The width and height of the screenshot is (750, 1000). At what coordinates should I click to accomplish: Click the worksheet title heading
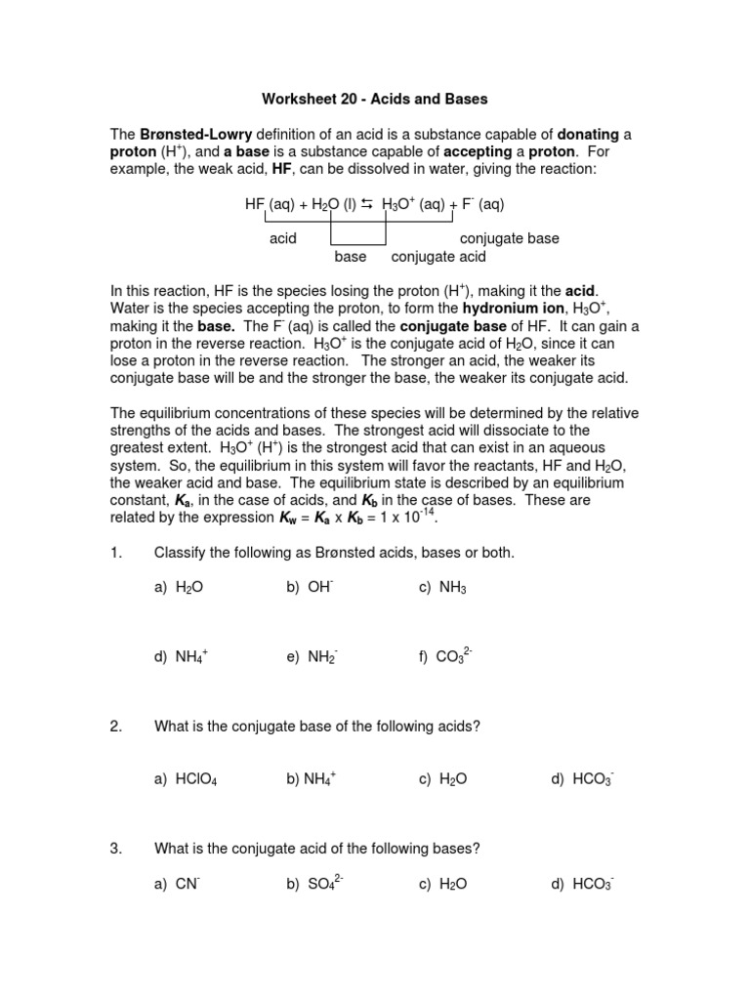click(x=374, y=99)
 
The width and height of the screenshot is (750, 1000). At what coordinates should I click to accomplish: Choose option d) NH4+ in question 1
click(x=182, y=658)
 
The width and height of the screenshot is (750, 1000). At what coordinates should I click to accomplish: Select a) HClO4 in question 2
click(x=186, y=778)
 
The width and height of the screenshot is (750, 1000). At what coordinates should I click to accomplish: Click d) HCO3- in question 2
click(x=582, y=778)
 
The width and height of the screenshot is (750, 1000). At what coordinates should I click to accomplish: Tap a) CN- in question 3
click(x=177, y=884)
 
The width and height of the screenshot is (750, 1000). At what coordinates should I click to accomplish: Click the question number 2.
click(x=115, y=727)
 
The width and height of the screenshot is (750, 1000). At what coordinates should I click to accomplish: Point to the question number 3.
click(x=115, y=849)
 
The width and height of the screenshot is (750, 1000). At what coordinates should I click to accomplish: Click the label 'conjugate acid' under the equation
click(x=438, y=257)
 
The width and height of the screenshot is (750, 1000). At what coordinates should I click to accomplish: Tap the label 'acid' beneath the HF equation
click(x=283, y=238)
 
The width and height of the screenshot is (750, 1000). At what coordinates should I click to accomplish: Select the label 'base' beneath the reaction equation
click(x=351, y=257)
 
